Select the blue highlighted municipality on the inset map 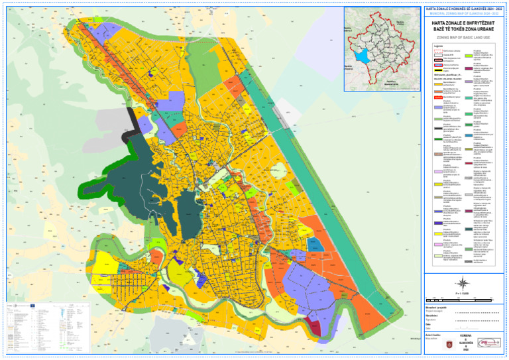tap(361, 57)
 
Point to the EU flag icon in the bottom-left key tap(32, 305)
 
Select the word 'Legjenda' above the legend tap(431, 46)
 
